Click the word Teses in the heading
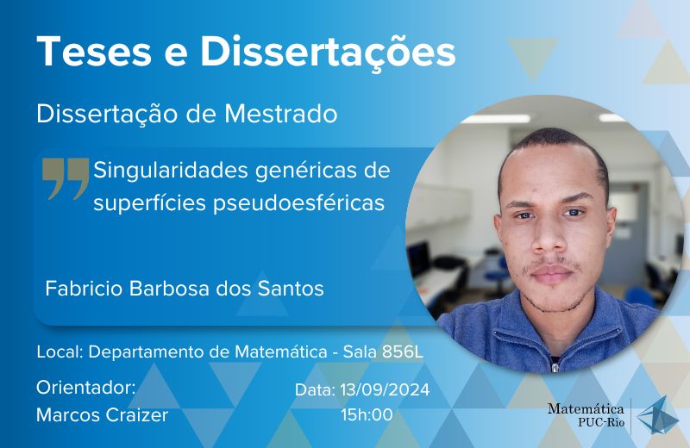(95, 52)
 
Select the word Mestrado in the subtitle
(281, 114)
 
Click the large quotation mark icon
(66, 178)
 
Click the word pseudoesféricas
(298, 203)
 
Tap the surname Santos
(291, 289)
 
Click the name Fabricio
(84, 289)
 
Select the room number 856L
(402, 352)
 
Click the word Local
(60, 352)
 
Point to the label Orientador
(85, 388)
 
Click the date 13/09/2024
(385, 390)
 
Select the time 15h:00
(367, 415)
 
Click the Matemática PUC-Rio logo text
(586, 415)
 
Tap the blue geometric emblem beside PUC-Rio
(657, 416)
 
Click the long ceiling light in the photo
(496, 119)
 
